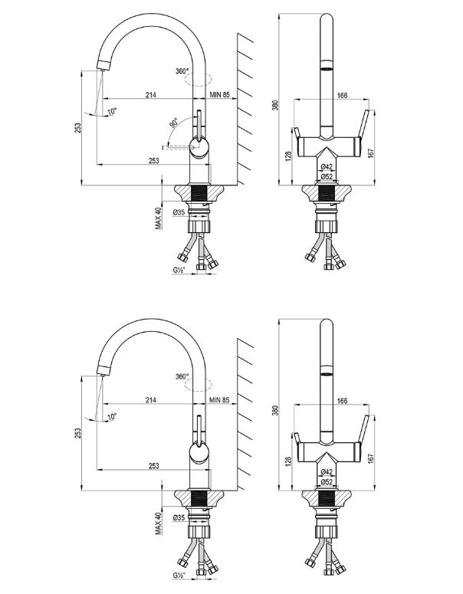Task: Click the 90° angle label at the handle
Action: (174, 123)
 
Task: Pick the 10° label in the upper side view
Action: (112, 111)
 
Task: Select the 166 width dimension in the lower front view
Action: (342, 400)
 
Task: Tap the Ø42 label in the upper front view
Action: (326, 166)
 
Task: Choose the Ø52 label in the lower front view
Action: (326, 482)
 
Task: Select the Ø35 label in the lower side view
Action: (180, 518)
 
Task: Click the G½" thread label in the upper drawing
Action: (179, 271)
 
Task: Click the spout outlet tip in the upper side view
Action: (97, 67)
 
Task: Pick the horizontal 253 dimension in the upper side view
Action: (153, 160)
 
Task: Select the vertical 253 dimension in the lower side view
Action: (78, 434)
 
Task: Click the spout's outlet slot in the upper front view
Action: (326, 68)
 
